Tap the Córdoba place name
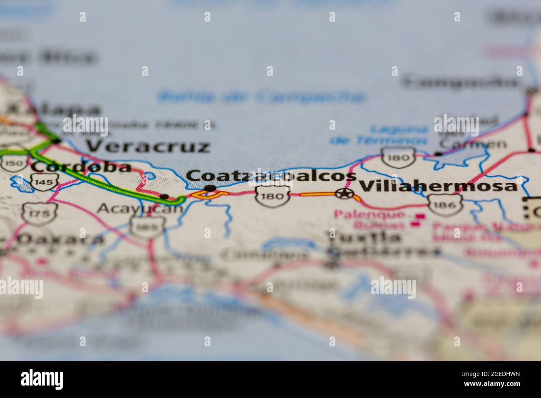(x=82, y=167)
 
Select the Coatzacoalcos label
(x=271, y=177)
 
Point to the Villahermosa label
(x=438, y=186)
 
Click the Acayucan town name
(x=139, y=208)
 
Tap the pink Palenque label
(x=369, y=215)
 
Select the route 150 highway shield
(x=15, y=164)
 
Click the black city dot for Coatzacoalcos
(x=210, y=188)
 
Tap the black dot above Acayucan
(x=165, y=196)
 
